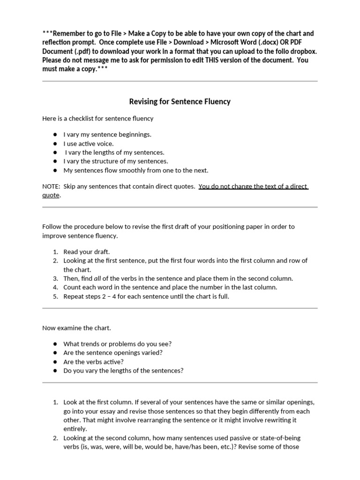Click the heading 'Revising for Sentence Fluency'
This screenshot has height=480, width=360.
pos(180,101)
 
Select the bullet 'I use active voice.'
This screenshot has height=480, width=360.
pos(89,143)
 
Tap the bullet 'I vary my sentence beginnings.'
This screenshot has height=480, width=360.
pos(107,135)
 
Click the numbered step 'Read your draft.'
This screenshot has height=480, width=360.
pos(87,252)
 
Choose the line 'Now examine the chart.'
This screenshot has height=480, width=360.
pos(77,328)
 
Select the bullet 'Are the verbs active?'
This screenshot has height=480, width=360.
pos(93,362)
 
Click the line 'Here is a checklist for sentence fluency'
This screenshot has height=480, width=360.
pos(98,119)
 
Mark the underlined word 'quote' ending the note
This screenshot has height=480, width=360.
pos(51,195)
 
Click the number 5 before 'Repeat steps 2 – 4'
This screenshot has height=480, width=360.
pos(55,297)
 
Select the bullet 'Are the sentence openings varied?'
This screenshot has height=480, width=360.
pos(113,352)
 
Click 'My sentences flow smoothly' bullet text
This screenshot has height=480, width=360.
pos(136,170)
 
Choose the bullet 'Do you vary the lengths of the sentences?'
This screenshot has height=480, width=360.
pos(123,371)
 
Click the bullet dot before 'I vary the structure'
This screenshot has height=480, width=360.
pos(55,161)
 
